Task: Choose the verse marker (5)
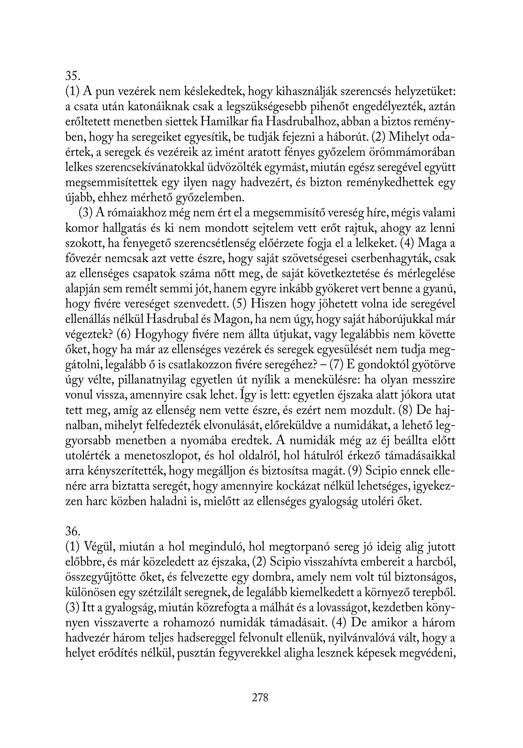click(241, 304)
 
